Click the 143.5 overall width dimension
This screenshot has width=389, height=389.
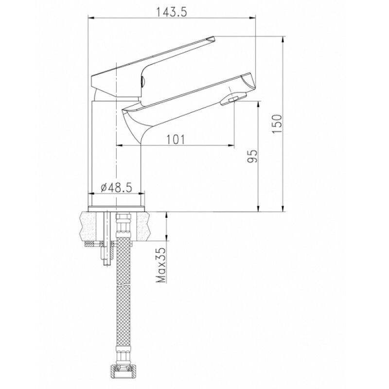(x=171, y=12)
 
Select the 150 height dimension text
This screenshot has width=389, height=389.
(x=277, y=124)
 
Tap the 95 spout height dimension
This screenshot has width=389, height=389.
(x=252, y=156)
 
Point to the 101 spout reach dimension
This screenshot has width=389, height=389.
(x=176, y=140)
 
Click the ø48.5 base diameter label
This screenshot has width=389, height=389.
(x=116, y=188)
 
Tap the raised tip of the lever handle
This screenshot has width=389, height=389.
(x=211, y=38)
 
